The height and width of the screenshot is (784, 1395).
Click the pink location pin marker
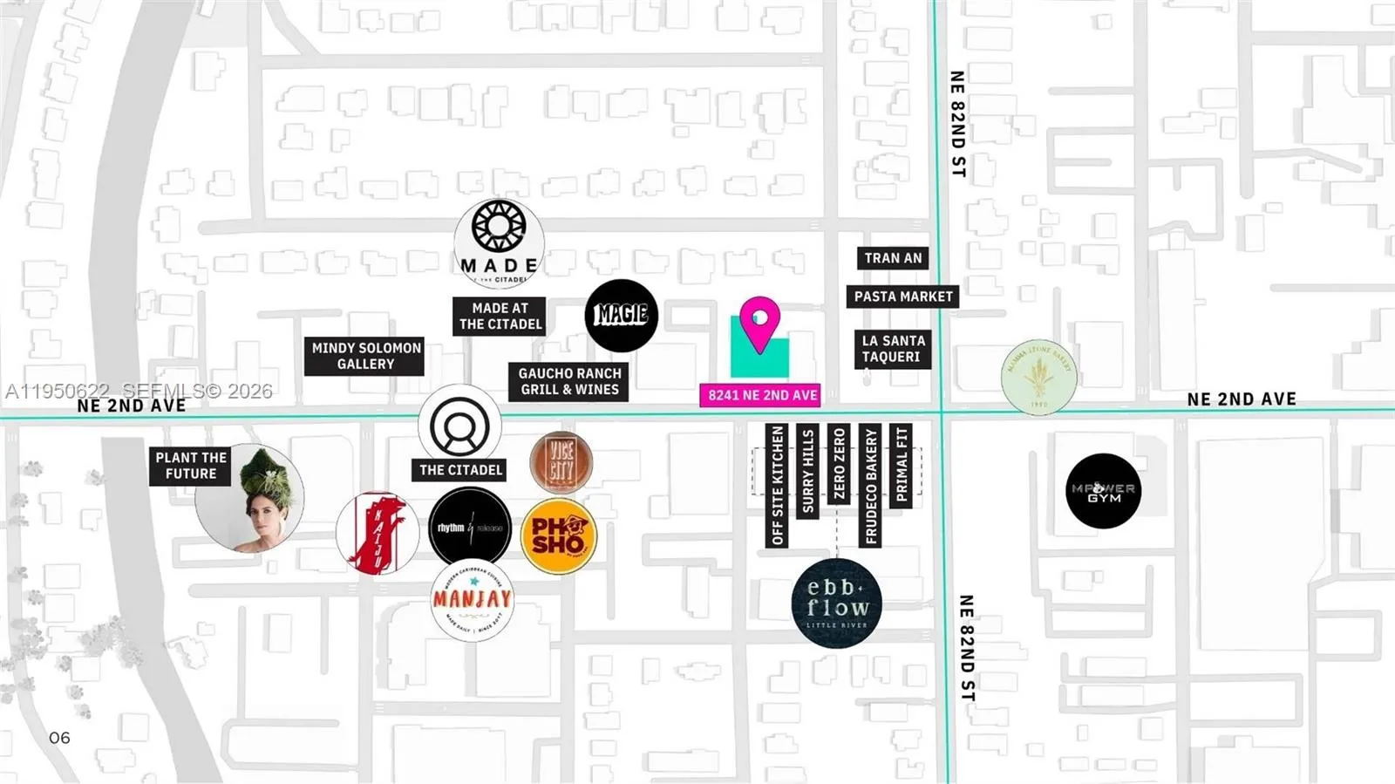coord(759,321)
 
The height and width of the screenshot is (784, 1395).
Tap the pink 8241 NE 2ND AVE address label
coord(761,395)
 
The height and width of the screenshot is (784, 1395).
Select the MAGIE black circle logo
coord(621,316)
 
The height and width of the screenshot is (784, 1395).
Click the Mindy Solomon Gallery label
coord(364,356)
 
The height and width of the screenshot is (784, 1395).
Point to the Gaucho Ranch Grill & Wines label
coord(568,381)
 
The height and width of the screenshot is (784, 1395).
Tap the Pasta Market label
coord(902,297)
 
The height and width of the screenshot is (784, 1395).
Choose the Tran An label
coord(892,258)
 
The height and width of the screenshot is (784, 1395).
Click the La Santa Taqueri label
coord(893,349)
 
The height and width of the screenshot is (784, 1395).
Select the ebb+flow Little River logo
coord(836,603)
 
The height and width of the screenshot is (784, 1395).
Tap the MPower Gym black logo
coord(1103,491)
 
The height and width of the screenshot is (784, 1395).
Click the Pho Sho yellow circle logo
coord(559,536)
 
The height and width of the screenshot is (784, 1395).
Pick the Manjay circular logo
coord(472,600)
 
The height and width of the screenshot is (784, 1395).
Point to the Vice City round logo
coord(561,461)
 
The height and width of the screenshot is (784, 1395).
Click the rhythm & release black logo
coord(470,528)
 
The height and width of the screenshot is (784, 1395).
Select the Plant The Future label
coord(190,465)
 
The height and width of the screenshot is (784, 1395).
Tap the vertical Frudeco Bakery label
coord(870,486)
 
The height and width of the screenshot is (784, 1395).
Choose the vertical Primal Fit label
coord(901,465)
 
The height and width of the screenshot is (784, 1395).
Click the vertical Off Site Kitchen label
coord(777,486)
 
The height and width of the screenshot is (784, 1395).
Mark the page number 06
coord(59,738)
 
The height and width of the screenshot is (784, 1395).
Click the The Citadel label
coord(460,470)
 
